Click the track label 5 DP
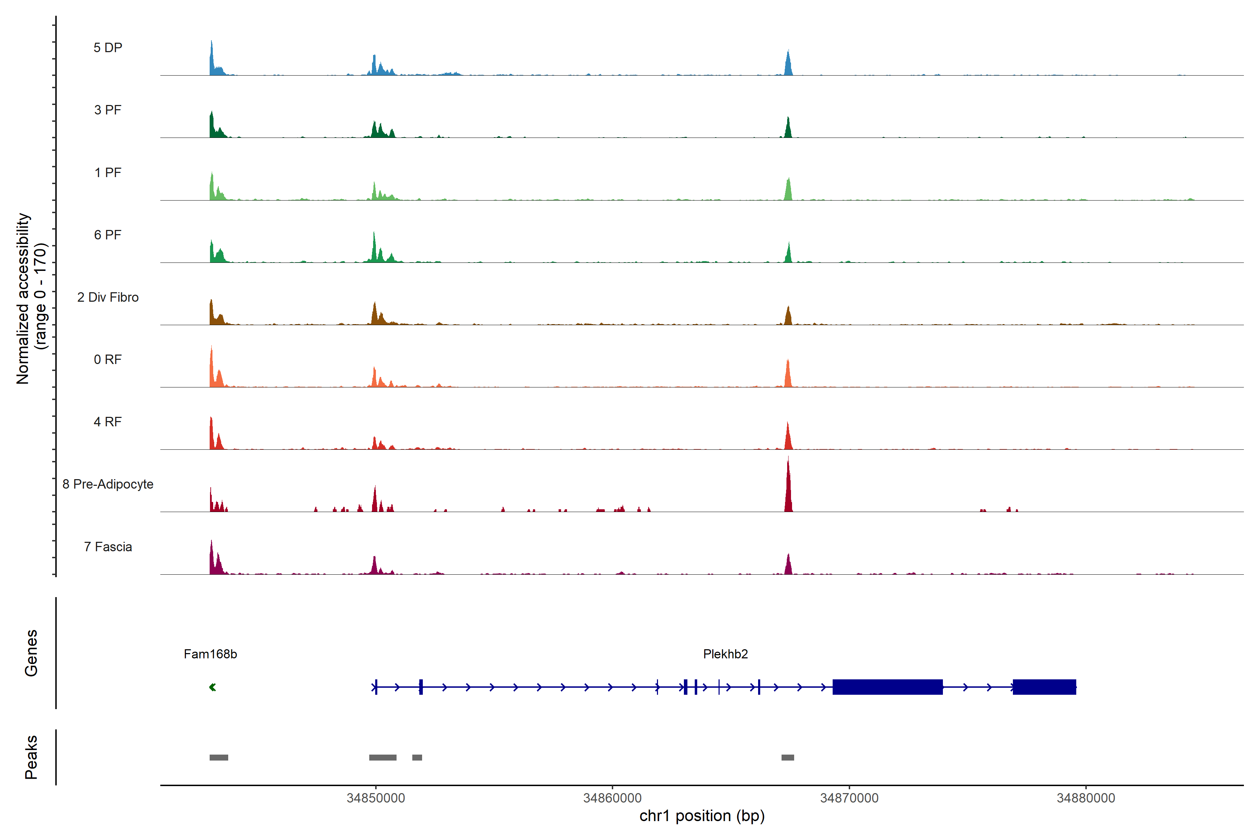(x=108, y=48)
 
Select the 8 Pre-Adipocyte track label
(x=108, y=484)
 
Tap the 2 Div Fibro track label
(x=108, y=297)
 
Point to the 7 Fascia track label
(x=108, y=547)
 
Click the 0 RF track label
(x=108, y=359)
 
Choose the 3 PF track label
(x=108, y=110)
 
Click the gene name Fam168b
(x=210, y=654)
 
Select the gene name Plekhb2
(x=725, y=654)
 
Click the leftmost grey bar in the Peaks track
(x=218, y=757)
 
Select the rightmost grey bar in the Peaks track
(x=787, y=757)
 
